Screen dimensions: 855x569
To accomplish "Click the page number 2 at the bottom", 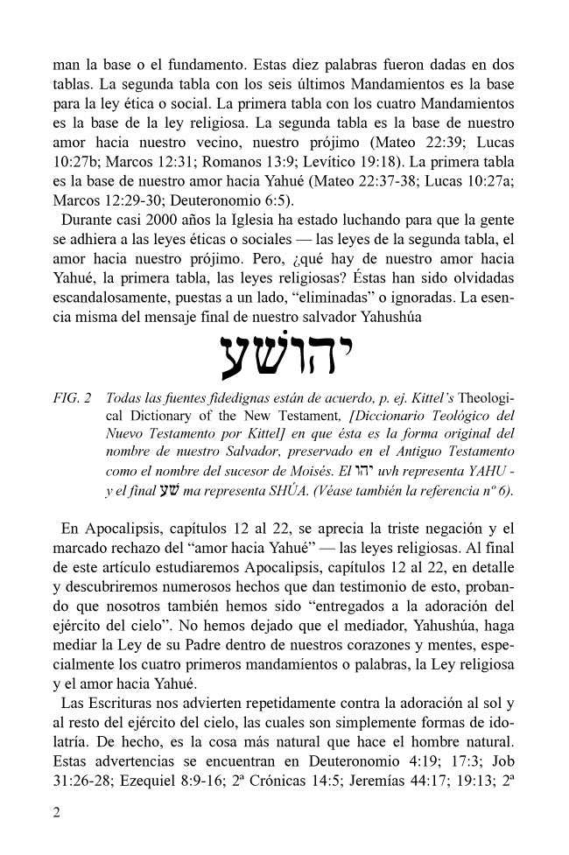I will [57, 813].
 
